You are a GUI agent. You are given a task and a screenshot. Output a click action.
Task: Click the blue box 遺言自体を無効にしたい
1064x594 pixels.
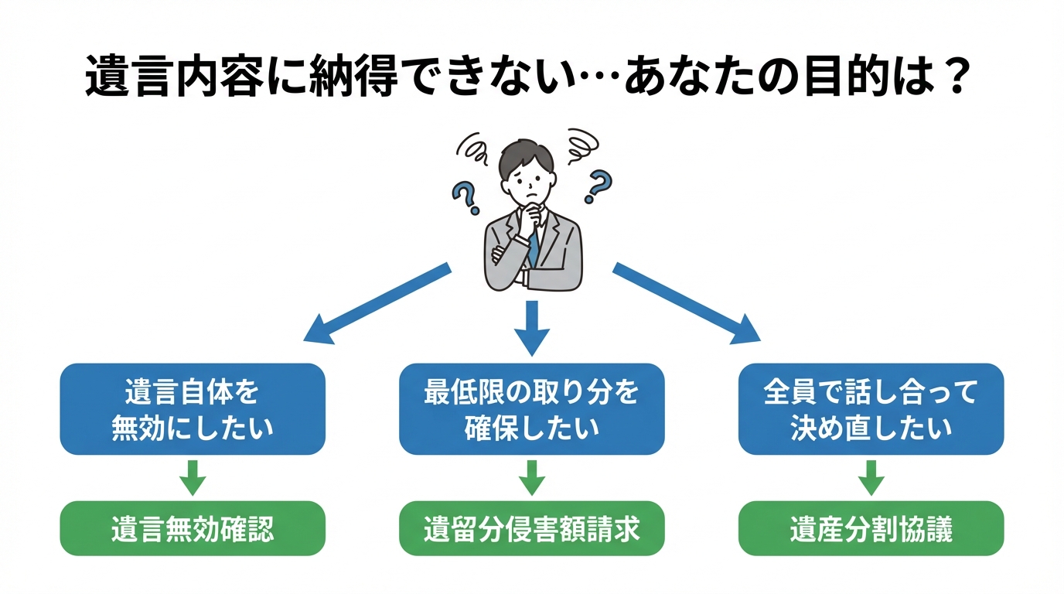[x=193, y=409]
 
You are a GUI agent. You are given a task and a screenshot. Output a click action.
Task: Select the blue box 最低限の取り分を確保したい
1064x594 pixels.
[x=531, y=409]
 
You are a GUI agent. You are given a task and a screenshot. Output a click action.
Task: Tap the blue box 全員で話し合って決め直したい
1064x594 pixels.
[x=871, y=409]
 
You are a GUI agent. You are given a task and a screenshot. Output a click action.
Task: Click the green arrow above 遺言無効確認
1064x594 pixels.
[x=193, y=478]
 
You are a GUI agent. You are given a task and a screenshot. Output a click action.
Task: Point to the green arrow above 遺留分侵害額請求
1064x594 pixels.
[x=531, y=478]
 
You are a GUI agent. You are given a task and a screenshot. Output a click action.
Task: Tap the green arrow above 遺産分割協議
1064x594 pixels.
[x=871, y=478]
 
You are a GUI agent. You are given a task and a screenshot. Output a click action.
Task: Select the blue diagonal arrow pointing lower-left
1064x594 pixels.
[x=379, y=302]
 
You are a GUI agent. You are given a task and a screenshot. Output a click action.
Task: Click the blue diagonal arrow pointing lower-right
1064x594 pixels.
[x=685, y=302]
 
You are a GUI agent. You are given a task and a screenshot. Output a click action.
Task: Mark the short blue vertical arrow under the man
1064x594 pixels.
[x=531, y=326]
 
